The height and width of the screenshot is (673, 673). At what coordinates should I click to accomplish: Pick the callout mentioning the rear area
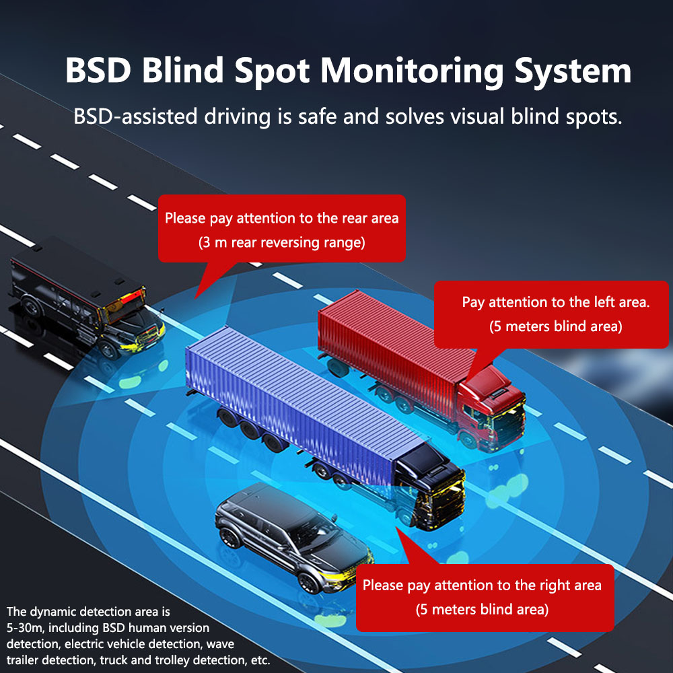pyautogui.click(x=281, y=229)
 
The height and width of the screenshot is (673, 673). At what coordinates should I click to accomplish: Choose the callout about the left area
pyautogui.click(x=555, y=314)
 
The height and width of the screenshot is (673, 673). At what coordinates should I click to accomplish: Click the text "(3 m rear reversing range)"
pyautogui.click(x=281, y=242)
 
